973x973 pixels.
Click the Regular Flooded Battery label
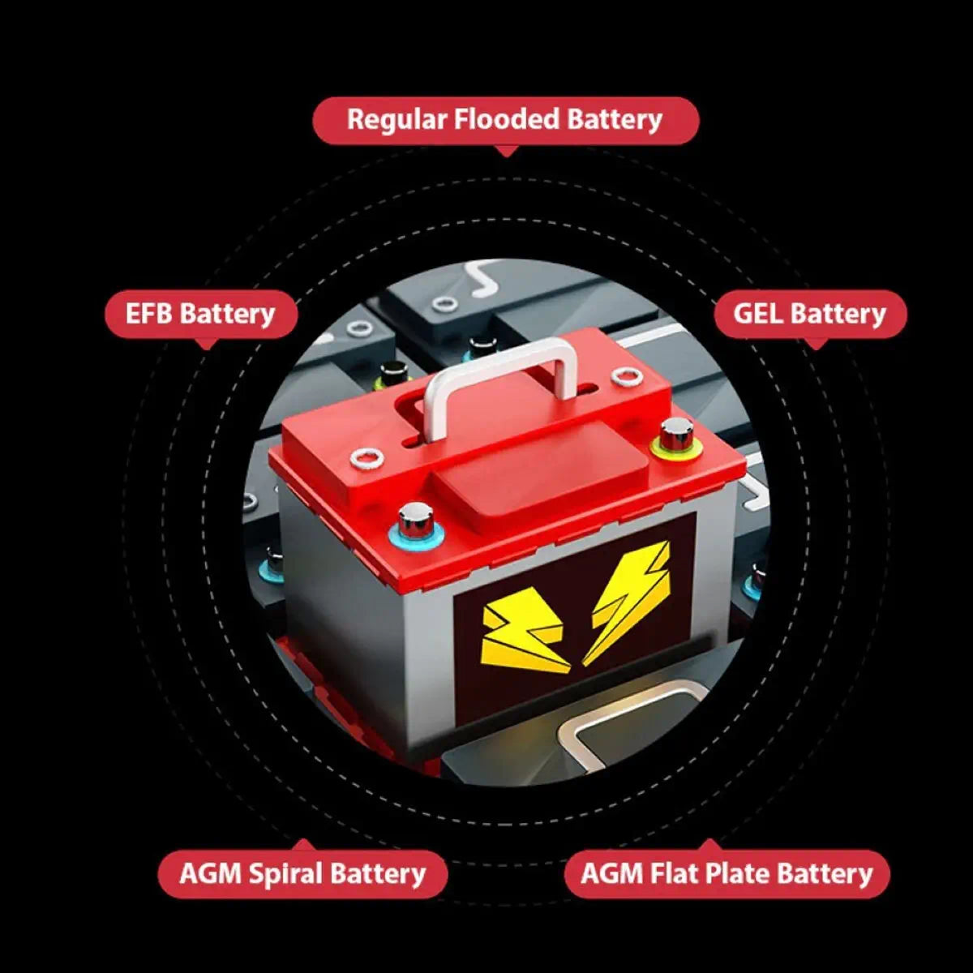click(x=506, y=121)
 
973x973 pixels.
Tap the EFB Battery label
click(x=201, y=314)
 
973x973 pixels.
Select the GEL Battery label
click(x=810, y=314)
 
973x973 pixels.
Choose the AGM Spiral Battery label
click(x=302, y=874)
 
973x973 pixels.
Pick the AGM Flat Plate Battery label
click(x=727, y=874)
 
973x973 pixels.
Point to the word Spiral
click(x=285, y=875)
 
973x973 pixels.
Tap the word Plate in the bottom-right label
click(x=738, y=873)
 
